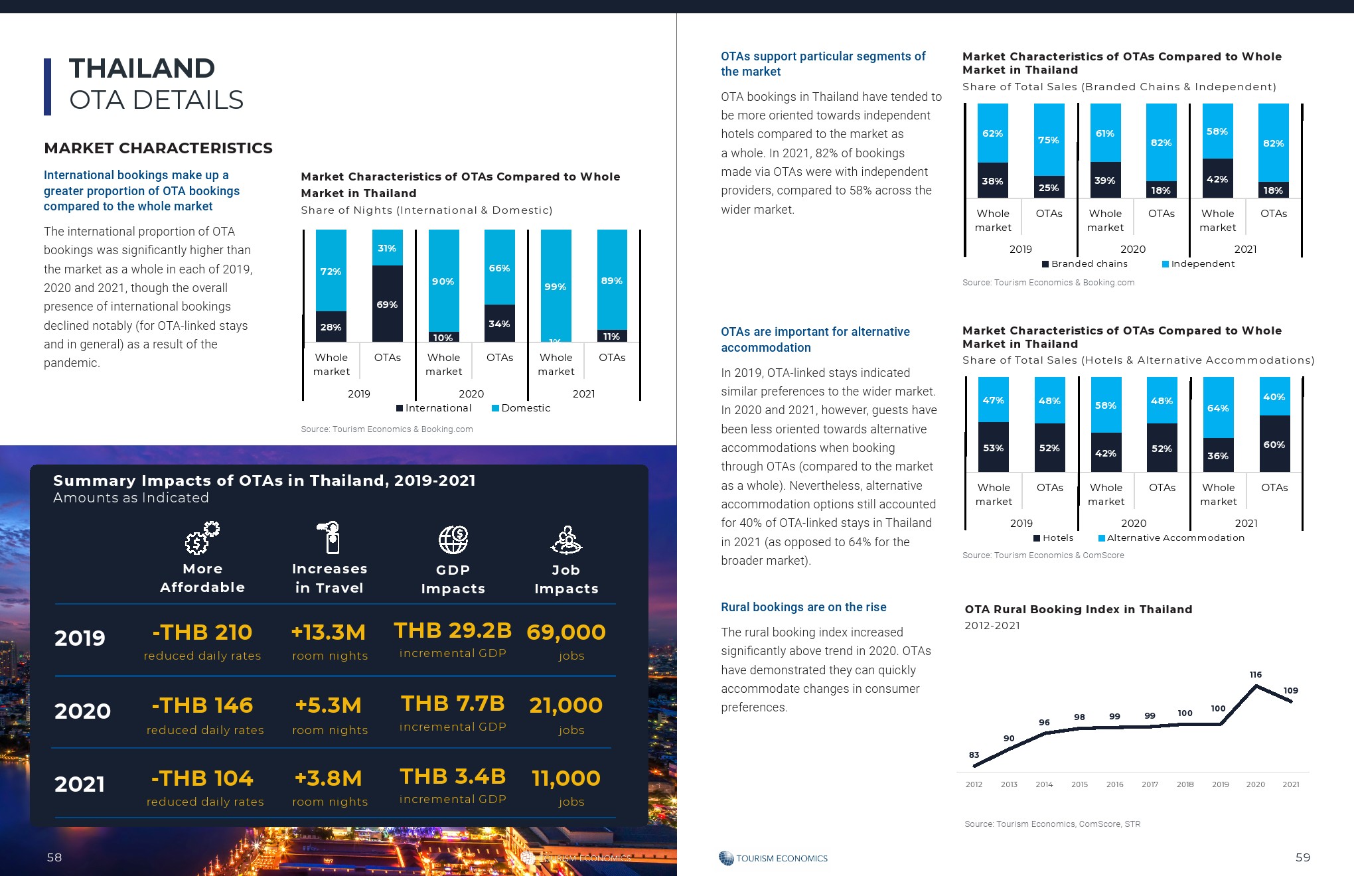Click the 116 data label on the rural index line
[1255, 675]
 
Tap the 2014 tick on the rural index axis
[1044, 784]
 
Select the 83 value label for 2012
[974, 755]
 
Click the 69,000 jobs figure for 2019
[566, 632]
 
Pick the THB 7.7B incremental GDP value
[453, 703]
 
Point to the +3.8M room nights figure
[329, 778]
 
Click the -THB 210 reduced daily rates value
[202, 632]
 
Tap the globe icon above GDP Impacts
[453, 540]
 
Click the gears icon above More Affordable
[202, 538]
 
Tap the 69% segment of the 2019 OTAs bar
[388, 305]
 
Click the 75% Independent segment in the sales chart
[1049, 140]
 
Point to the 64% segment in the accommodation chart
[1218, 408]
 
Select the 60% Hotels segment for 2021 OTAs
[1274, 445]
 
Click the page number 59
[1303, 857]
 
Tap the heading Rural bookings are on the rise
[803, 607]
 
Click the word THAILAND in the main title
[142, 68]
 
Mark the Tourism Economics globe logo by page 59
[726, 858]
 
